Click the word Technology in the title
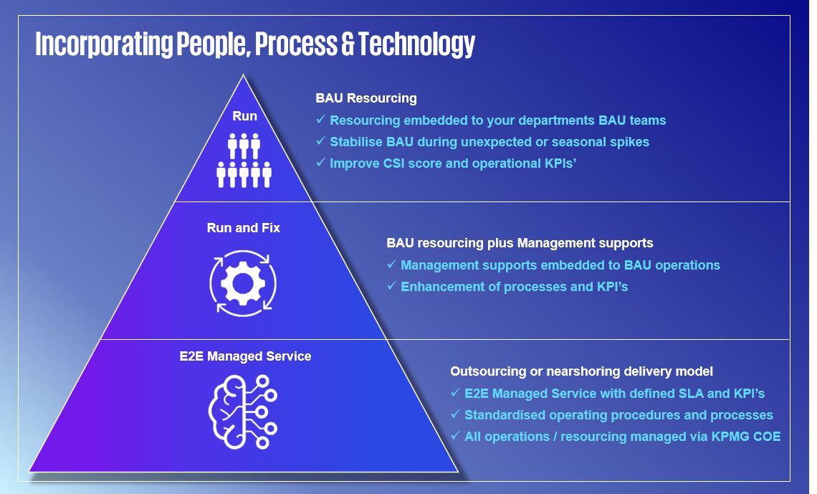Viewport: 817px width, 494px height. coord(417,44)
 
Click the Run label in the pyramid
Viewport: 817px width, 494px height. coord(244,115)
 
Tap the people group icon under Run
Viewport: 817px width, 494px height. coord(244,161)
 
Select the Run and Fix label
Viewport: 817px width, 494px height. coord(244,228)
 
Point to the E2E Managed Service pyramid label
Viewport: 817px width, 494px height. coord(245,356)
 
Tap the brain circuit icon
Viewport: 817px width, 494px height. coord(243,412)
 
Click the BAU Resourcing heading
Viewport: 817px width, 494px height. coord(366,98)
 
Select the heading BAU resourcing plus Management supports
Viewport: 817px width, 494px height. coord(520,243)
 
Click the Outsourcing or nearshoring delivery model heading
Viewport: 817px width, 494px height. coord(581,371)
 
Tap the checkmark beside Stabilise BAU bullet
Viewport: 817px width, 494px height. coord(320,141)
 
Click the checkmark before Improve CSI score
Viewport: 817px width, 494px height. coord(320,163)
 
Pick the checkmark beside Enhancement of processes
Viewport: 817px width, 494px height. coord(391,285)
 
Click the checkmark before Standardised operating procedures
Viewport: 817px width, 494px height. coord(455,414)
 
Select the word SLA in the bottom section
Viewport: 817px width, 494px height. coord(690,394)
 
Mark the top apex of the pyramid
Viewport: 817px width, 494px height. coord(244,75)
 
